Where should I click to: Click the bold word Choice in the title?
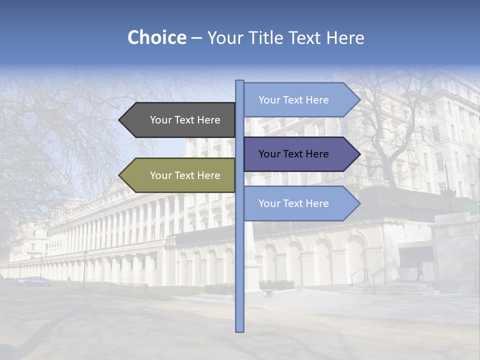click(156, 38)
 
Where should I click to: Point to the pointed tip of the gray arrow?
click(120, 120)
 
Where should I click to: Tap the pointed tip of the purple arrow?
click(359, 154)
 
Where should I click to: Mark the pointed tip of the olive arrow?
click(120, 175)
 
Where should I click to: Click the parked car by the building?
click(33, 281)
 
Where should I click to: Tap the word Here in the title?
click(345, 38)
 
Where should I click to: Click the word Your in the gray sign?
click(161, 120)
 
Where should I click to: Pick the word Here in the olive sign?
click(208, 175)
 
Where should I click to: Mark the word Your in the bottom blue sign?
click(269, 203)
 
